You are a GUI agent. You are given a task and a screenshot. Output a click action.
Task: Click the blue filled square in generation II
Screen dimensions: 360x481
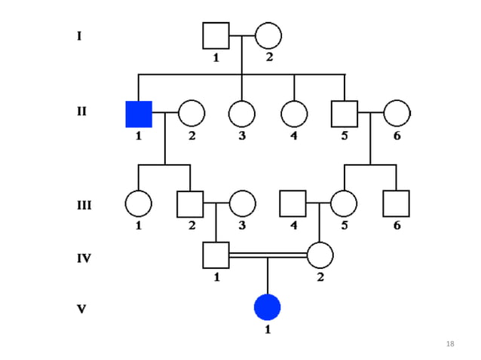[x=139, y=114]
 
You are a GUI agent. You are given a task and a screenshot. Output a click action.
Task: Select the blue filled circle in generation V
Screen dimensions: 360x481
[x=267, y=307]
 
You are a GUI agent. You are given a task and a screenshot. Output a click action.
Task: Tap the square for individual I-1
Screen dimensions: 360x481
[x=216, y=35]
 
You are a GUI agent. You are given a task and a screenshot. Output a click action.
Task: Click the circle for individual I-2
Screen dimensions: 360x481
[x=268, y=35]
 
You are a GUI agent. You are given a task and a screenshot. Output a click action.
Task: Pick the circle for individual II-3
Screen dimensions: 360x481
[x=241, y=114]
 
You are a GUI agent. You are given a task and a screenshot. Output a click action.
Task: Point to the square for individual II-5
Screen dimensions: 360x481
[x=344, y=114]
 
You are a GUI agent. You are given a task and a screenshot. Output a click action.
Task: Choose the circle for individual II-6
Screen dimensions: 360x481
[x=397, y=114]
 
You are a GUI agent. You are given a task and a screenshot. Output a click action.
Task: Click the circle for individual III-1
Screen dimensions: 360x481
[x=139, y=203]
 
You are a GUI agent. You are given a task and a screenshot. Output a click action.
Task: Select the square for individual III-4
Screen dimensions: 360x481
[x=293, y=203]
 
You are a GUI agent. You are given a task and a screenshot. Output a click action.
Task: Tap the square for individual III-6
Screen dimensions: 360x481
[x=396, y=203]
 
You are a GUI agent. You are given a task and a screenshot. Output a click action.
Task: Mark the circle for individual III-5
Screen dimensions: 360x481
[x=344, y=203]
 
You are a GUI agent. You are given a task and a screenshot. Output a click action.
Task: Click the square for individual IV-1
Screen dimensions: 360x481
[x=216, y=255]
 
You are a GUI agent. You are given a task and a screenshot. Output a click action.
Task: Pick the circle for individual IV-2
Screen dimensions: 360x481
[x=320, y=255]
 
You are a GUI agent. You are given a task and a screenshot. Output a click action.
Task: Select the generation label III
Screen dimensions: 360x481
[x=84, y=204]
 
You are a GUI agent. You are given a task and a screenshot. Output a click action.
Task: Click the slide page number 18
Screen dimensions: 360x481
[x=450, y=343]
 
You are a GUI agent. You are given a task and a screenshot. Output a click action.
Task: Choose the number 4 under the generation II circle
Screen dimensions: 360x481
[x=294, y=136]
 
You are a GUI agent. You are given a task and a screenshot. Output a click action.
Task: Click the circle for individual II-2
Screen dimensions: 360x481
[x=191, y=114]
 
